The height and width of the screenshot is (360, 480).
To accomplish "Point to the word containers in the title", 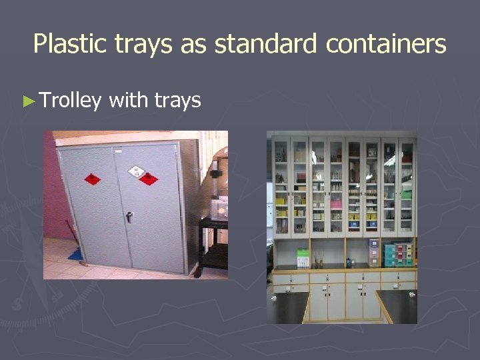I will click(386, 45).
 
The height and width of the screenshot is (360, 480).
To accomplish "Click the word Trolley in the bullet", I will click(70, 101).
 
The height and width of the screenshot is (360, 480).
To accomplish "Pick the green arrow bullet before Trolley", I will click(27, 101).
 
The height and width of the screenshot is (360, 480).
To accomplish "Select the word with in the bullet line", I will click(128, 100).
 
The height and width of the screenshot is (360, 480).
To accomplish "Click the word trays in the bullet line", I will click(177, 101).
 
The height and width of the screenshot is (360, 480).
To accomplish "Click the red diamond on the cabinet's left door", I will click(93, 179).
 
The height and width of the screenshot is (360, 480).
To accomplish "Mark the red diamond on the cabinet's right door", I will click(149, 179).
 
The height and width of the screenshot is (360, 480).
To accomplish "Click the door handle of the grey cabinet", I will click(129, 216).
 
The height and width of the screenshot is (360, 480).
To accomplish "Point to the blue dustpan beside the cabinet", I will click(76, 253).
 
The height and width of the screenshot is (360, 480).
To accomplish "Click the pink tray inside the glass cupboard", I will click(336, 204).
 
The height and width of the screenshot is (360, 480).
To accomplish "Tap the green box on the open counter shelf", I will click(303, 257).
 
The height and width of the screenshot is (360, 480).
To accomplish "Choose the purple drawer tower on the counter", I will click(374, 253).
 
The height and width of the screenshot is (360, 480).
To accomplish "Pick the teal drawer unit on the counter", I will click(390, 255).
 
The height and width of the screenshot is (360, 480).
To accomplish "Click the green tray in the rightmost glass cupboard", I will click(407, 195).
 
